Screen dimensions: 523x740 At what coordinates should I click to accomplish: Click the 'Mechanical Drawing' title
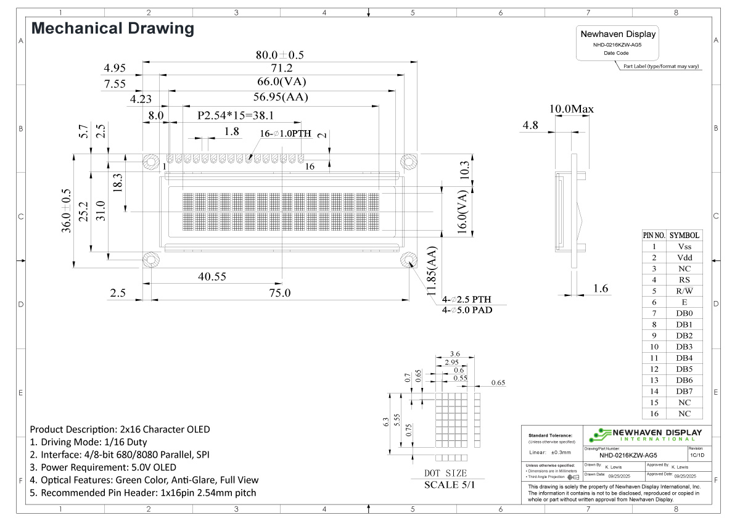coord(112,28)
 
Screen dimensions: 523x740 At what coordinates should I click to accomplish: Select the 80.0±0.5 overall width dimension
coord(279,55)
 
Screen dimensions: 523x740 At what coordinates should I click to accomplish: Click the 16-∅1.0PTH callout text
coord(286,134)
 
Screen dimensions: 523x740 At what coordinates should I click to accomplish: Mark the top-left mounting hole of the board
coord(150,162)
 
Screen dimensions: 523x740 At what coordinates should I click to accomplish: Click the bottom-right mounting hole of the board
coord(408,259)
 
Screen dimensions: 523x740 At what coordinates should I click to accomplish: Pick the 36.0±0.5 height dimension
coord(66,211)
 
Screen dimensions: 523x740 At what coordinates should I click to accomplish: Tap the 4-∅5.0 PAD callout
coord(467,310)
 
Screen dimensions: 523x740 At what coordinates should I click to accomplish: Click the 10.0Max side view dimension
coord(571,109)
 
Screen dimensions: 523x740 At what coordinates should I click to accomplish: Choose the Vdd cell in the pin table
coord(684,257)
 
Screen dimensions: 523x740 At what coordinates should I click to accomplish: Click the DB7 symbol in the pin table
coord(684,391)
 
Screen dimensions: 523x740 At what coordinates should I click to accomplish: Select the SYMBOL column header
coord(684,235)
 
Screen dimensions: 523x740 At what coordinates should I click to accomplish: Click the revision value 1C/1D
coord(698,455)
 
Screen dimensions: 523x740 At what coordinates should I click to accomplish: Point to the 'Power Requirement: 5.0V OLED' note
coord(103,467)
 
